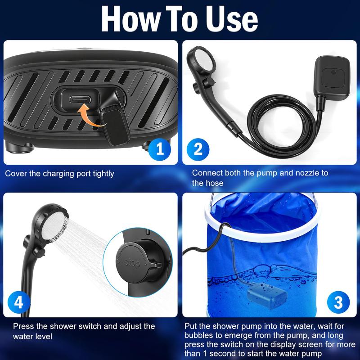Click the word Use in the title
[x=231, y=18]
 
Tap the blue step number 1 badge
[x=160, y=149]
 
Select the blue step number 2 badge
[x=198, y=149]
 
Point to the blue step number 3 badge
[x=338, y=302]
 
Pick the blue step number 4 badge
[x=19, y=302]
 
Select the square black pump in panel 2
[x=332, y=78]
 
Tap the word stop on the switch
[x=132, y=262]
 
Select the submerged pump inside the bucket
[x=267, y=296]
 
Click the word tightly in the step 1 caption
[x=103, y=174]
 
